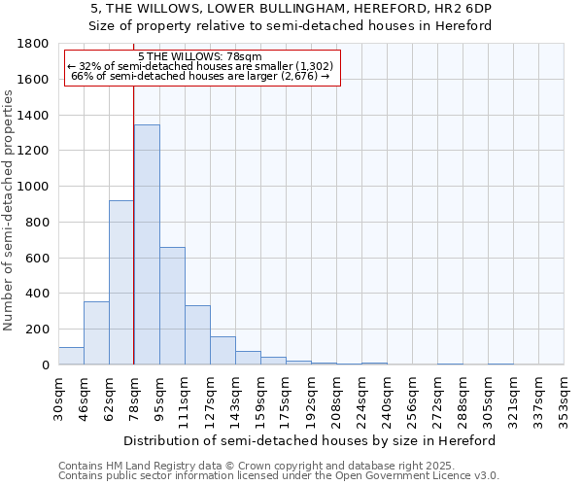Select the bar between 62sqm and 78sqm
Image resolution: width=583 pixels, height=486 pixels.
[x=121, y=283]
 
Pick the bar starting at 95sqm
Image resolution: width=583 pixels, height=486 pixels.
[x=172, y=306]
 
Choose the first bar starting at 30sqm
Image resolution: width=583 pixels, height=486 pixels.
[x=71, y=356]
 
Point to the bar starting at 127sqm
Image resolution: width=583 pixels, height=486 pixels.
[x=223, y=351]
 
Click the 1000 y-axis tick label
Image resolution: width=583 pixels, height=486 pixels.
[x=33, y=187]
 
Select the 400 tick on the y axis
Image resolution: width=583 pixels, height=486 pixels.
[x=37, y=294]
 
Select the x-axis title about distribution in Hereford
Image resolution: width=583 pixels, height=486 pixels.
[x=311, y=440]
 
